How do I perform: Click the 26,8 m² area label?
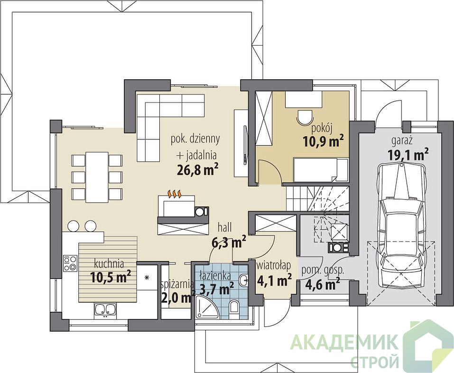(x=197, y=169)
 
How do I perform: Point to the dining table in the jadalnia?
(x=97, y=177)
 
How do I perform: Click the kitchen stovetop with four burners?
(x=70, y=263)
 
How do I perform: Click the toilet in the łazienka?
(x=234, y=307)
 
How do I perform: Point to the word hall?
(x=225, y=227)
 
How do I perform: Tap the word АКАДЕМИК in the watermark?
(x=344, y=343)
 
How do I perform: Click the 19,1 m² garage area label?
(x=408, y=154)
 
